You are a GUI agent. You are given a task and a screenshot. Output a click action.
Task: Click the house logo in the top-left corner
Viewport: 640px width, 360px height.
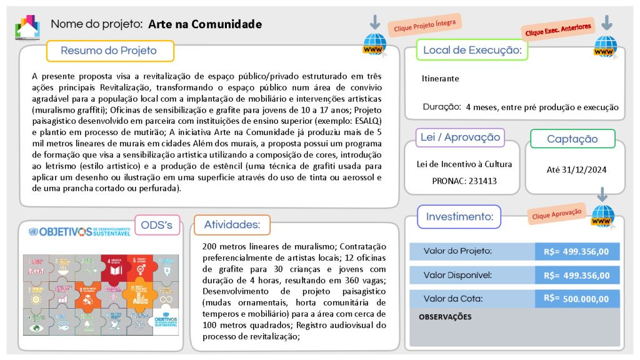(x=27, y=26)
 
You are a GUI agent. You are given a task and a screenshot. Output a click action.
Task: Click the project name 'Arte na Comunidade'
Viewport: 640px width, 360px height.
(x=205, y=24)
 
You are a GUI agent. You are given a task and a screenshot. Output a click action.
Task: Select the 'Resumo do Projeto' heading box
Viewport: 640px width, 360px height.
(x=109, y=51)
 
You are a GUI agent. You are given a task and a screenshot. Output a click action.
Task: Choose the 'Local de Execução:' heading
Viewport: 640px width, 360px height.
(x=472, y=50)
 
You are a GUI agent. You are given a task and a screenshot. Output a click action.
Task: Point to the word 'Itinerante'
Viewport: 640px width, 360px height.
(x=441, y=79)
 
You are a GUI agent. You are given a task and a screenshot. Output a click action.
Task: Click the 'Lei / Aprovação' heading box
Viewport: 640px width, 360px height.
(x=460, y=137)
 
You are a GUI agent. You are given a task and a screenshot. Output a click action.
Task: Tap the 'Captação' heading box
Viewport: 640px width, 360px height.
(x=572, y=139)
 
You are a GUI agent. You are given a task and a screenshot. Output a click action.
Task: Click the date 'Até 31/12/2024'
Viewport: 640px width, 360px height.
(x=577, y=169)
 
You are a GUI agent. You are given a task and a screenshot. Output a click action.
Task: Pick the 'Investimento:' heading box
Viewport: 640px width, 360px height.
(x=459, y=217)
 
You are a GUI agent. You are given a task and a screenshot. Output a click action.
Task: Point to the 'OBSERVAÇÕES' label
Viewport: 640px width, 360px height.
(x=445, y=317)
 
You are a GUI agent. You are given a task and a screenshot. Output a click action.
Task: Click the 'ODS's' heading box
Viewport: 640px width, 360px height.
(x=157, y=225)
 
